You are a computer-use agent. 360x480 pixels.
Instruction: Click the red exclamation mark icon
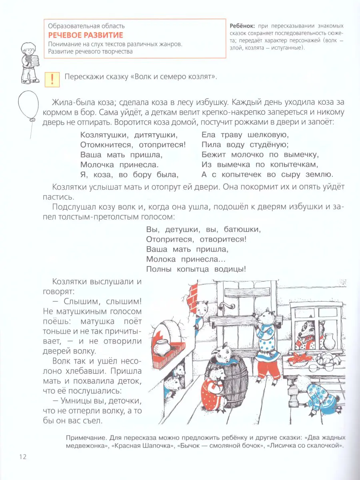tap(52, 79)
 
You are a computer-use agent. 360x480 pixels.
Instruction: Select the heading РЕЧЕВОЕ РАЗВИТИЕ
tap(85, 35)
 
